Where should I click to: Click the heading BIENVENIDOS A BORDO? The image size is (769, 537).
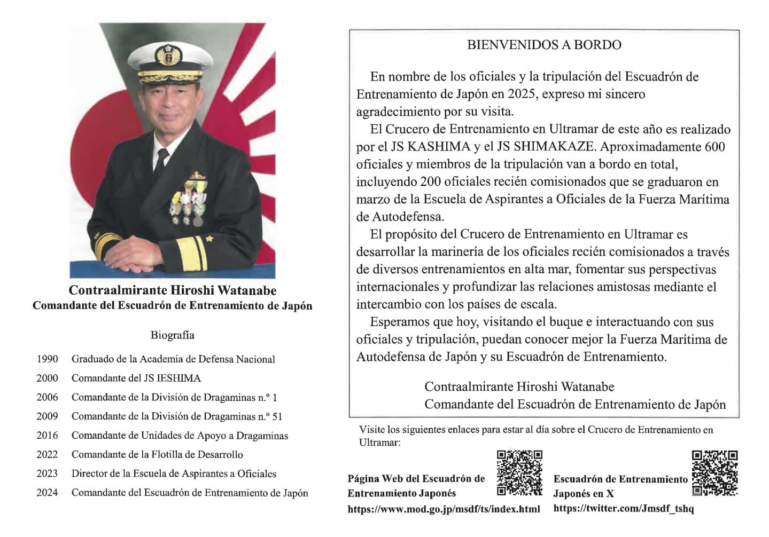click(x=544, y=45)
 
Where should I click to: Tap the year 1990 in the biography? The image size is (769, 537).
click(x=47, y=359)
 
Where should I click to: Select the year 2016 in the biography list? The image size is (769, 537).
click(x=47, y=436)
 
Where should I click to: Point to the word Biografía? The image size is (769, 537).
click(x=172, y=335)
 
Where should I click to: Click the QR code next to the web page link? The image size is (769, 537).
click(x=519, y=472)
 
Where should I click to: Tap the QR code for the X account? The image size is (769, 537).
click(x=714, y=472)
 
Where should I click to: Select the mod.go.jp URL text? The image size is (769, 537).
click(x=444, y=509)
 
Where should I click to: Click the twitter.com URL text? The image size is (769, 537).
click(x=624, y=508)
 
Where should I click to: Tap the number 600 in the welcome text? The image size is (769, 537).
click(x=714, y=147)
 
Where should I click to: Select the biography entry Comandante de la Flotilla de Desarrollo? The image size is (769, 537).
click(x=157, y=455)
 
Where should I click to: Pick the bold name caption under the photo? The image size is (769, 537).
click(x=172, y=291)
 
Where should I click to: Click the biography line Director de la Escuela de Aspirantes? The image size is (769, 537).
click(x=174, y=474)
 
